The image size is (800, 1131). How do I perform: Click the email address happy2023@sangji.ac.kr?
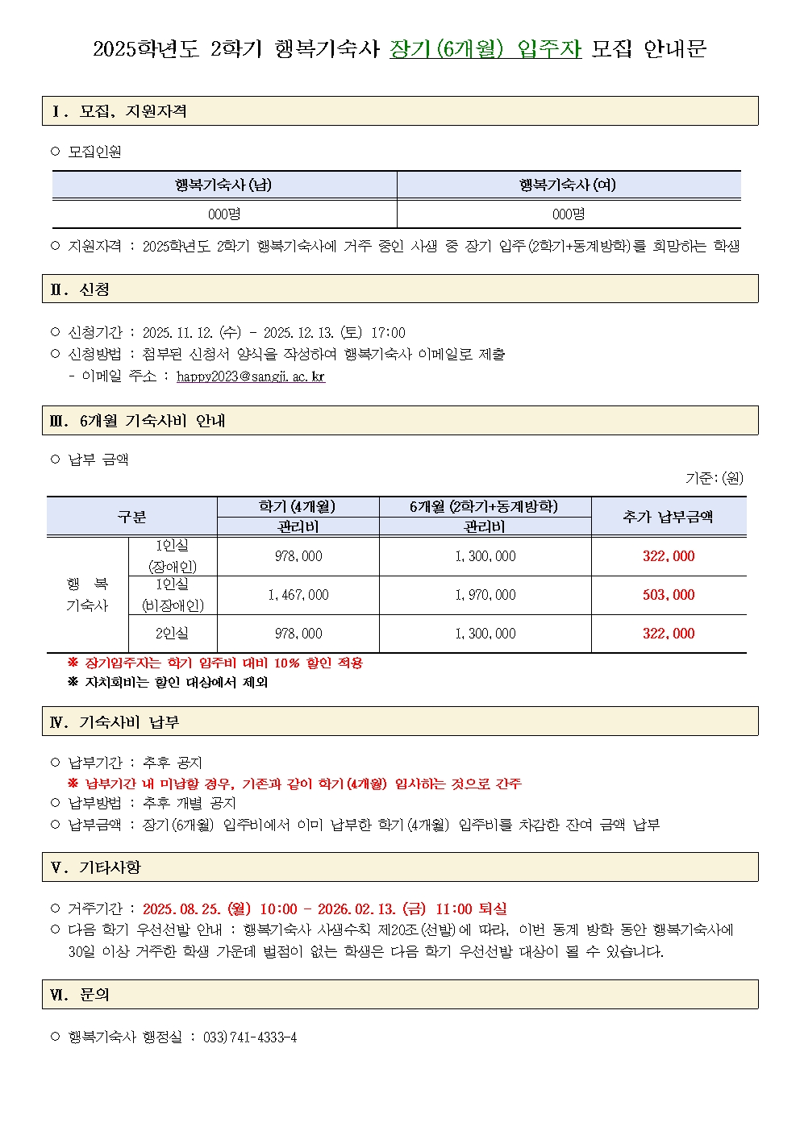(x=251, y=376)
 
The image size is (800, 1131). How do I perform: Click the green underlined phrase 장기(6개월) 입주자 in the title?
(x=485, y=49)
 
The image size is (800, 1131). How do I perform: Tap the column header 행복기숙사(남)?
(x=223, y=185)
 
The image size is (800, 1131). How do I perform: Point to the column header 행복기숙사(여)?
(x=568, y=185)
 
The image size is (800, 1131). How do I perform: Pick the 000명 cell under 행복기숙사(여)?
(x=568, y=214)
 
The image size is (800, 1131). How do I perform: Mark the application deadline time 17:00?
(x=388, y=333)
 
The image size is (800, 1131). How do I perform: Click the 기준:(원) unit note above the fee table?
(x=714, y=478)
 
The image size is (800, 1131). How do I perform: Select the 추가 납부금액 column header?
(x=668, y=517)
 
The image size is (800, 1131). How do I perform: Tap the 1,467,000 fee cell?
(x=298, y=595)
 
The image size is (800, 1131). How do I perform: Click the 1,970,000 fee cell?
(x=485, y=595)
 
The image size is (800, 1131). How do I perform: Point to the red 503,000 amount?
(x=668, y=595)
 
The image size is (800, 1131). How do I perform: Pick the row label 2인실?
(x=172, y=634)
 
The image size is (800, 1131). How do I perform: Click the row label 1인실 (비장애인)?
(x=172, y=595)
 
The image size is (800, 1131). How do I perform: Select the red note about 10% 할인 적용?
(x=216, y=663)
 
